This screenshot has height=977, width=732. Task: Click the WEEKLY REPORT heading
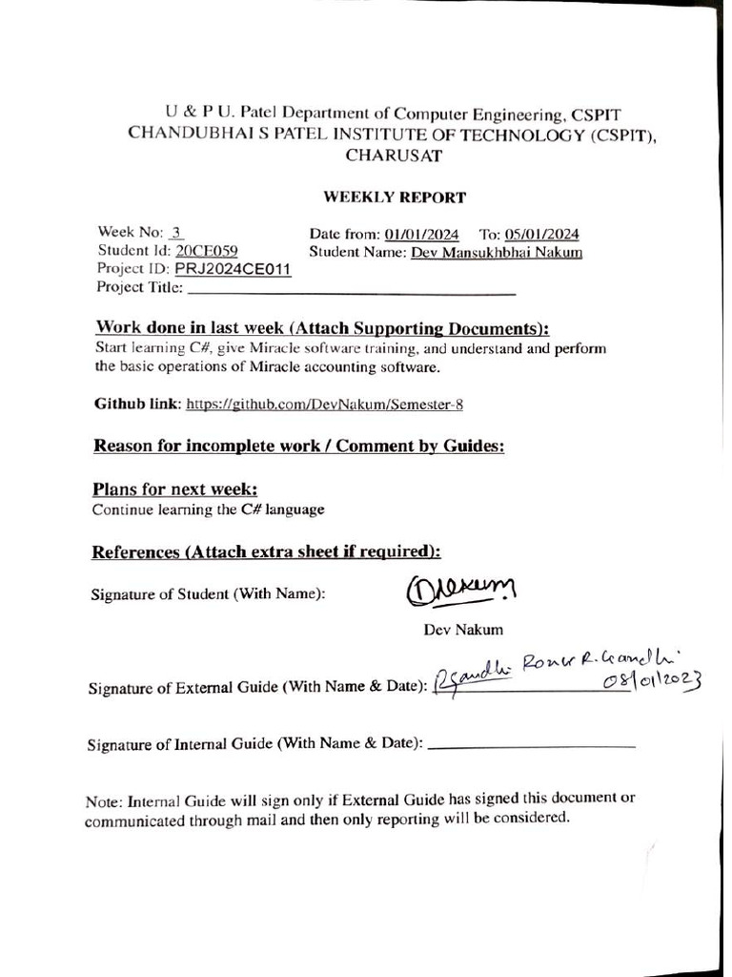395,198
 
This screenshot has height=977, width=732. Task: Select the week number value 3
177,233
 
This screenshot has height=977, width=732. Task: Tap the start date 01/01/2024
422,235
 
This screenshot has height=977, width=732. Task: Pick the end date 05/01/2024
542,235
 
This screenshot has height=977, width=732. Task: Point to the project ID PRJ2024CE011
233,269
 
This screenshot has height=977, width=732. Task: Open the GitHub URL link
324,404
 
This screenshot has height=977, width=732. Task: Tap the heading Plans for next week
175,489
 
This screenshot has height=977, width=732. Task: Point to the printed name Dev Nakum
463,630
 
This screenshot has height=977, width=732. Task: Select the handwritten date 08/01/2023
652,680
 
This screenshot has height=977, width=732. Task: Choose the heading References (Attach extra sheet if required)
266,552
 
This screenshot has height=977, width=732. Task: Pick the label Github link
137,404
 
